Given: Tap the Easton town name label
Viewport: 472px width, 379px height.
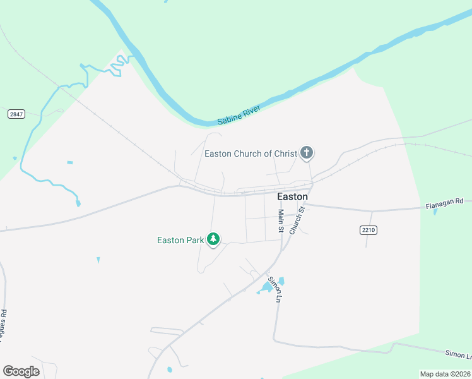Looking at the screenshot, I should coord(293,196).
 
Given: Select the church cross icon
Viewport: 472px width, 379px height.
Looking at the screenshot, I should coord(307,152).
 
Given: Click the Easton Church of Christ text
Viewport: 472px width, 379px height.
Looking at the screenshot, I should coord(251,153).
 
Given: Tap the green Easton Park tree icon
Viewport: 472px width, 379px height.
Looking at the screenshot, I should coord(214,239).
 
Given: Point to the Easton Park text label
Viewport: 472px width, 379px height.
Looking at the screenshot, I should coord(180,240).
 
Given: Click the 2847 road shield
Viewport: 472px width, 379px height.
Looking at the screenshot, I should coord(16,114).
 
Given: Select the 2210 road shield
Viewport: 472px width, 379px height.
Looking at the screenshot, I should coord(369,230).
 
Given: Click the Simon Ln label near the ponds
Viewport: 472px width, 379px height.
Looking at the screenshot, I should coord(273,289).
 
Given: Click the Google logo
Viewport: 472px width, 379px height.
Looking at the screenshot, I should coord(21,371).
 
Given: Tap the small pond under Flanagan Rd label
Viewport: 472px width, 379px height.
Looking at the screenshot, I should coord(435,212).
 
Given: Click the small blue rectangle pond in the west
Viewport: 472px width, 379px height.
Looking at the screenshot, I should coord(69,162).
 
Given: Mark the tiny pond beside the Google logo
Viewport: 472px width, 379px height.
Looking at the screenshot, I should coord(169,370).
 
